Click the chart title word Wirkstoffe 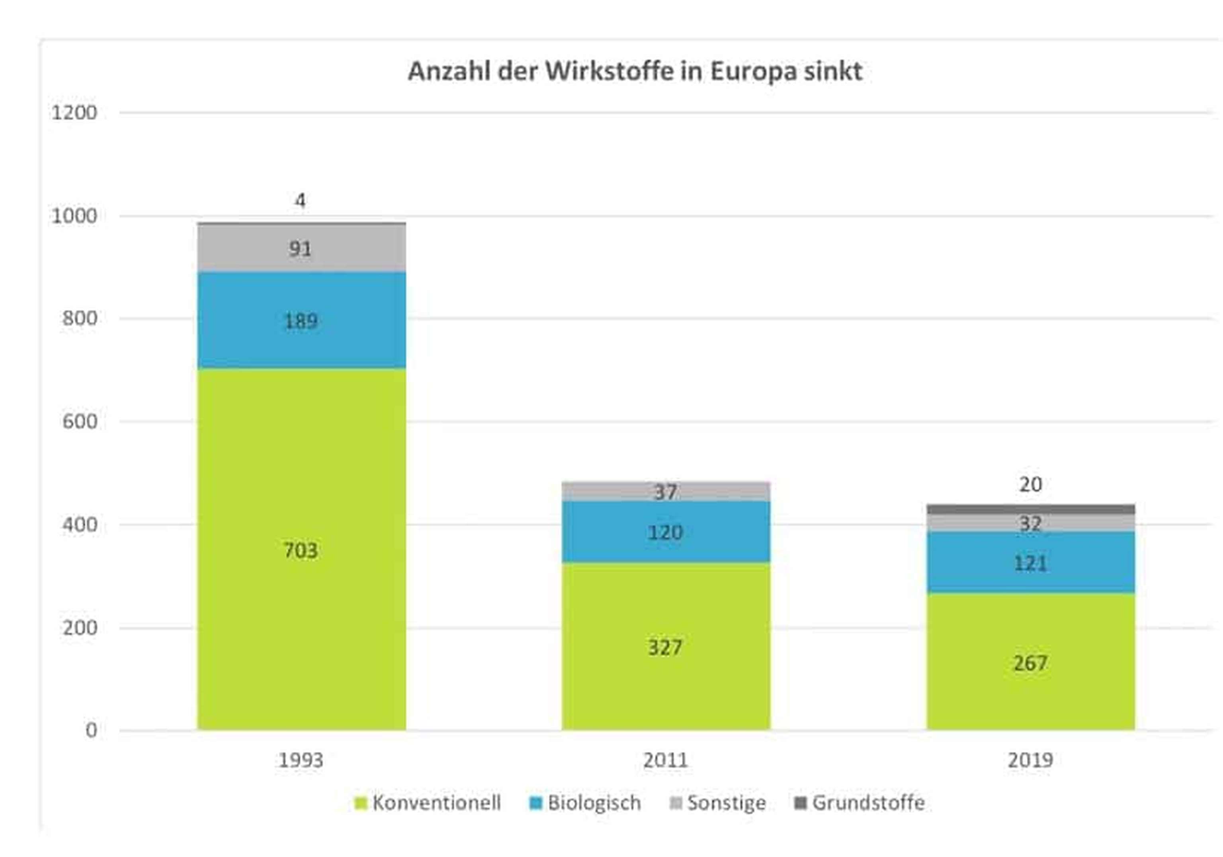609,71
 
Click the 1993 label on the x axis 301,760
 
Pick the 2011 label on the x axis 665,760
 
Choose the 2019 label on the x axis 1030,760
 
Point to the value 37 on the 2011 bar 665,492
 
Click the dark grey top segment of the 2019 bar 1030,509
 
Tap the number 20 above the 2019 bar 1030,484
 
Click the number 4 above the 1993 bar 301,200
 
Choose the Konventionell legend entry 428,803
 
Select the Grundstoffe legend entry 859,803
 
